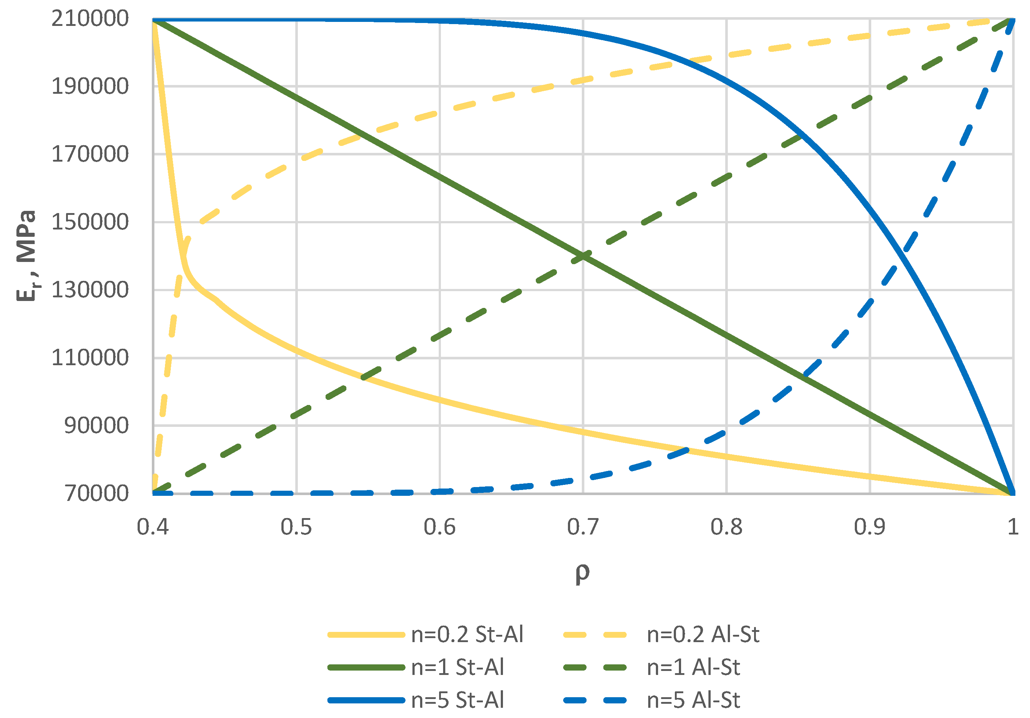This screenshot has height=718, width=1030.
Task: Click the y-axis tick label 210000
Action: coord(90,19)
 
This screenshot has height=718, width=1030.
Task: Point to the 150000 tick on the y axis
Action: coord(90,222)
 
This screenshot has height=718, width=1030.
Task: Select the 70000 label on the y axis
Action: coord(96,493)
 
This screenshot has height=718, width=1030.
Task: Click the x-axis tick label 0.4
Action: coord(153,527)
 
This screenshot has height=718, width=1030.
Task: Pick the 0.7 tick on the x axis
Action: coord(583,527)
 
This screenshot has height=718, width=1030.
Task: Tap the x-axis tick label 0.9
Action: coord(869,527)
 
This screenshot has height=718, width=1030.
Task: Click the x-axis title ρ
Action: coord(582,573)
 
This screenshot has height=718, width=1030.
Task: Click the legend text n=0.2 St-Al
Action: coord(467,634)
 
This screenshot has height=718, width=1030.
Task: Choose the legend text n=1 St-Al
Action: coord(458,667)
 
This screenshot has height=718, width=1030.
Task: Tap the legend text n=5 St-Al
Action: coord(458,700)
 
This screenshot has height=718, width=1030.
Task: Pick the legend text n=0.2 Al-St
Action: coord(703,634)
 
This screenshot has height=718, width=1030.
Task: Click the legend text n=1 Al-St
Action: coord(693,667)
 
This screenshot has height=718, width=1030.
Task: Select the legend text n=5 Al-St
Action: coord(693,700)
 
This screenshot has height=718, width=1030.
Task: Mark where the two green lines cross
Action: coord(583,256)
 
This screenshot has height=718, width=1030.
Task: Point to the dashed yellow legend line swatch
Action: coord(595,634)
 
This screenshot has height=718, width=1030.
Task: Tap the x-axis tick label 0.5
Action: coord(296,527)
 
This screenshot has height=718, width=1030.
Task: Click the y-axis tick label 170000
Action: coord(90,154)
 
